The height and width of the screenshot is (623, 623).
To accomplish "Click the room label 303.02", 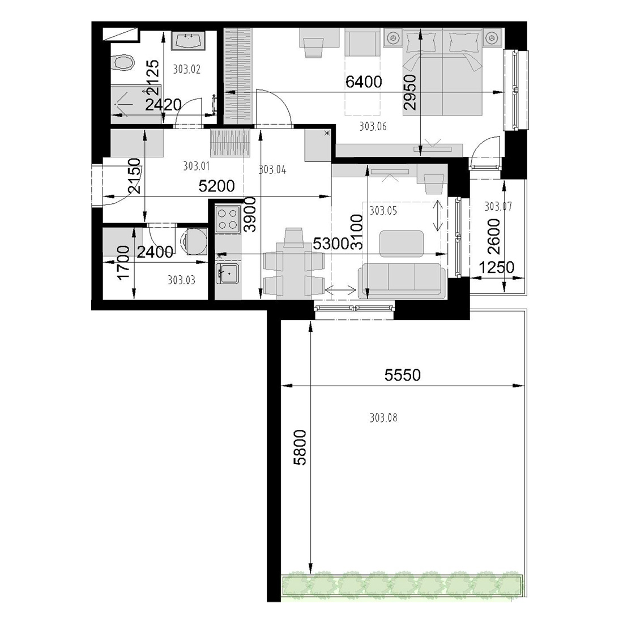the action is [x=187, y=70].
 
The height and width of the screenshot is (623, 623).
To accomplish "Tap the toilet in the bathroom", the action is [x=122, y=62].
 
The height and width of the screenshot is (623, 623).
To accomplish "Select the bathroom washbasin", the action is [x=189, y=41].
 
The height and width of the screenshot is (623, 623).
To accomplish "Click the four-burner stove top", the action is [x=228, y=219].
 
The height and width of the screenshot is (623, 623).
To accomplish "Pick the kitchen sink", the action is [x=227, y=273].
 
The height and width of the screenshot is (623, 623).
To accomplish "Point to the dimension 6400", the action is [x=364, y=82].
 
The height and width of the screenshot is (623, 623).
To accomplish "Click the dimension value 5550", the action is [x=403, y=375].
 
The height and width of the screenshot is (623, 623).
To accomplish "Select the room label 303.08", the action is [x=383, y=417].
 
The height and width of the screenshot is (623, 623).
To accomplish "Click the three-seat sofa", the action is [x=400, y=280].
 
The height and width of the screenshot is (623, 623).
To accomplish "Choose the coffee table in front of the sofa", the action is [x=402, y=244].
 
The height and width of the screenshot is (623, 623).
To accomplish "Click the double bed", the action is [x=443, y=72].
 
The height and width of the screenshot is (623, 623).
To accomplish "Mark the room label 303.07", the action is [x=498, y=206].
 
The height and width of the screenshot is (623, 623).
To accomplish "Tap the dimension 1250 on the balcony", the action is [x=497, y=267].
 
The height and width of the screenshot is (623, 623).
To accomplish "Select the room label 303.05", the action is [x=383, y=211].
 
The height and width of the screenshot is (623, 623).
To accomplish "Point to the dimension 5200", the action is [x=216, y=186].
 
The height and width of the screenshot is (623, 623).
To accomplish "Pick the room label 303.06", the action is [x=373, y=126].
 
